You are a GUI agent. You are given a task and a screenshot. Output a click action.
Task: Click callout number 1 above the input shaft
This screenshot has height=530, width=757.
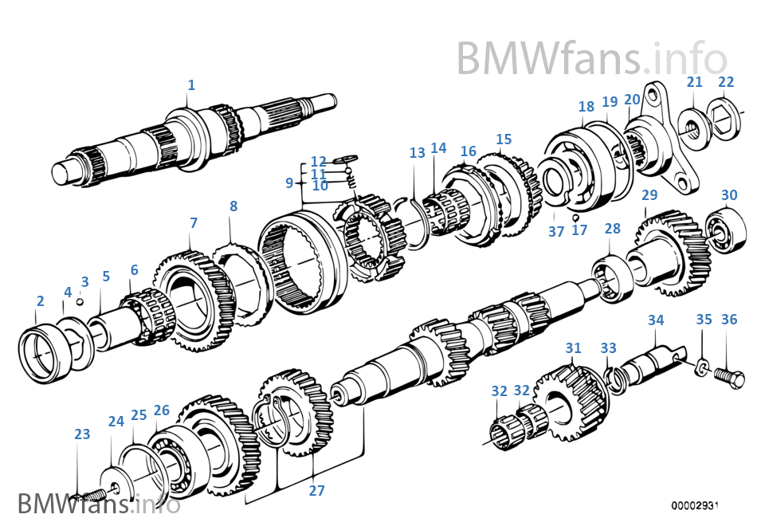click(x=191, y=84)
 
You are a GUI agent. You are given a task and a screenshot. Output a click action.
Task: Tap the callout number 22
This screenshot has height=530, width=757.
click(x=726, y=82)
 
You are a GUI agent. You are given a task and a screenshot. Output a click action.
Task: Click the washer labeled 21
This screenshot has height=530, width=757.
click(x=692, y=126)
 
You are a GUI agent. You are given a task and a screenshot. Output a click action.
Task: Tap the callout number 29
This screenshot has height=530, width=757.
click(x=649, y=195)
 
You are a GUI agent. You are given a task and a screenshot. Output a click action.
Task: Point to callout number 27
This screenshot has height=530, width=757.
click(x=317, y=491)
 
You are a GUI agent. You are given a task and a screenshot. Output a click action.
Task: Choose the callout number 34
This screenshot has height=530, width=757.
click(x=656, y=320)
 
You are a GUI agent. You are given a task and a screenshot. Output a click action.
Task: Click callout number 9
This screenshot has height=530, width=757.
click(x=290, y=183)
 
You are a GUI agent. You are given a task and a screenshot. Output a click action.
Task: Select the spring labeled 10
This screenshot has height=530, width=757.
click(x=351, y=183)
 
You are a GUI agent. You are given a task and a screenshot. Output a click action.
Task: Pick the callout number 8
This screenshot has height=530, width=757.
click(x=233, y=206)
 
